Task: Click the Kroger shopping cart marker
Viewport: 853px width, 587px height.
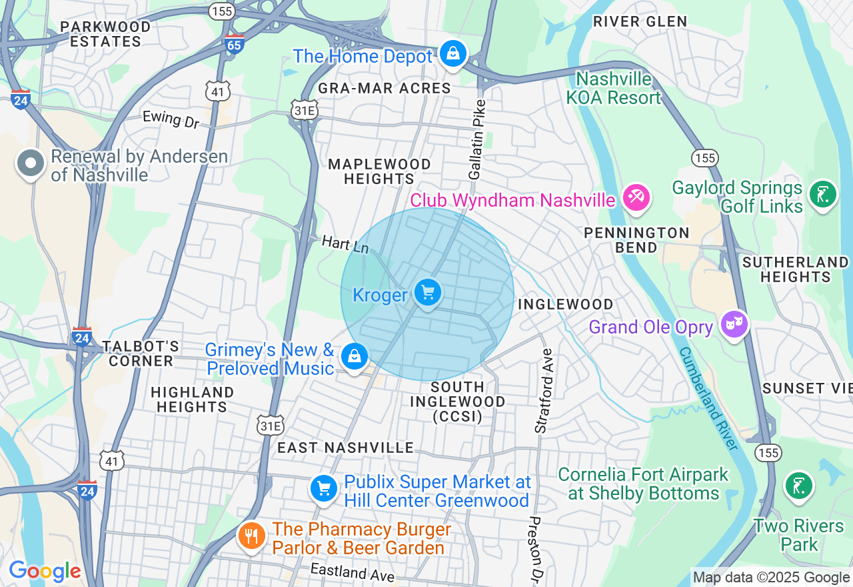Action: pyautogui.click(x=427, y=293)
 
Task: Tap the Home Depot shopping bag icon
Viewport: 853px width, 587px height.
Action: pyautogui.click(x=453, y=53)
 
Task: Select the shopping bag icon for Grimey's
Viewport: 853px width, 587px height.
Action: pyautogui.click(x=355, y=357)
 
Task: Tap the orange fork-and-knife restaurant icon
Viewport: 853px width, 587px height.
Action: pyautogui.click(x=251, y=535)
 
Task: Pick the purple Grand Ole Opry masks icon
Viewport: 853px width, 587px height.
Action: pyautogui.click(x=734, y=325)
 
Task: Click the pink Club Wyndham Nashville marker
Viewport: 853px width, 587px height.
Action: pyautogui.click(x=636, y=197)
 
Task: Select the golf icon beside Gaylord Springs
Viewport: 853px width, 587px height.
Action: pyautogui.click(x=822, y=195)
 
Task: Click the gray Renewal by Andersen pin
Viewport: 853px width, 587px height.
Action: pyautogui.click(x=31, y=164)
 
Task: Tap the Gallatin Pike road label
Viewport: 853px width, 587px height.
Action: pyautogui.click(x=477, y=140)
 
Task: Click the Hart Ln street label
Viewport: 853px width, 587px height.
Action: pyautogui.click(x=345, y=243)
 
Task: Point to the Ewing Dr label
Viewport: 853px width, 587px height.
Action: pyautogui.click(x=171, y=119)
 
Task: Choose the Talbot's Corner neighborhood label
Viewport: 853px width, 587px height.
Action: pyautogui.click(x=141, y=354)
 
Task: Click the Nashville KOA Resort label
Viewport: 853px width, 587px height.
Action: pyautogui.click(x=613, y=88)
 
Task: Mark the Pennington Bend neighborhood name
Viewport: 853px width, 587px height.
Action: pyautogui.click(x=636, y=240)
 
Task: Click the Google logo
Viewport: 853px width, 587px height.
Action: pyautogui.click(x=45, y=571)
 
